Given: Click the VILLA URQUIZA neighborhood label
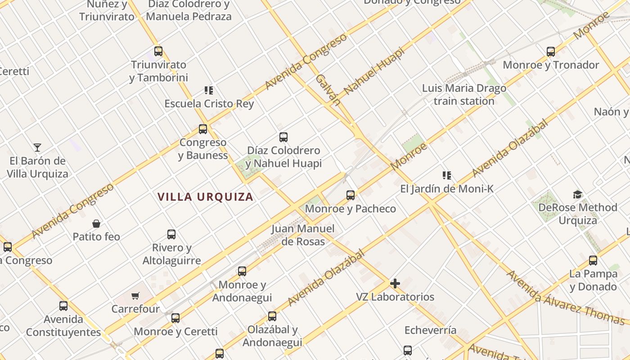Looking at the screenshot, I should tap(205, 197).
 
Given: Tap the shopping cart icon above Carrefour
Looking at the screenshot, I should tap(135, 296).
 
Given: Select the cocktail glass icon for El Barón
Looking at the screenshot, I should tap(37, 147).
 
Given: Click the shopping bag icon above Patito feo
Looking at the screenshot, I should tap(96, 223).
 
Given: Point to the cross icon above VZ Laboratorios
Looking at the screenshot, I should tap(395, 283).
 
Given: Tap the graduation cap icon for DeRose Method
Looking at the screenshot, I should tap(577, 194).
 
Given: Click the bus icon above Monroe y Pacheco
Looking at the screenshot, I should tap(351, 195).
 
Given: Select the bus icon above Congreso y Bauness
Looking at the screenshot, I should tap(203, 129).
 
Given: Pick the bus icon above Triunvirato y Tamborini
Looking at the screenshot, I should tap(158, 51).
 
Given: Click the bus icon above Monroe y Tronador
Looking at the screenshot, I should tap(551, 52).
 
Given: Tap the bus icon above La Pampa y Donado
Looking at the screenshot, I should tap(593, 261).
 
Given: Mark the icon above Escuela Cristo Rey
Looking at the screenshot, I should tap(209, 90).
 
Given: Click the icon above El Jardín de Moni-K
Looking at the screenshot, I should tap(447, 175).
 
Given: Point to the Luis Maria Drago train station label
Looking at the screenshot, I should tap(464, 94).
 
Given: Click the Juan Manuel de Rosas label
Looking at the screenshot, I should tap(303, 235).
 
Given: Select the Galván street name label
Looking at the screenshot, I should tap(327, 90).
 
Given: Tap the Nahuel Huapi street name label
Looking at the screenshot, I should tap(374, 72).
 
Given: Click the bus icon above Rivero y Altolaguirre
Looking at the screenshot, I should tap(171, 234).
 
